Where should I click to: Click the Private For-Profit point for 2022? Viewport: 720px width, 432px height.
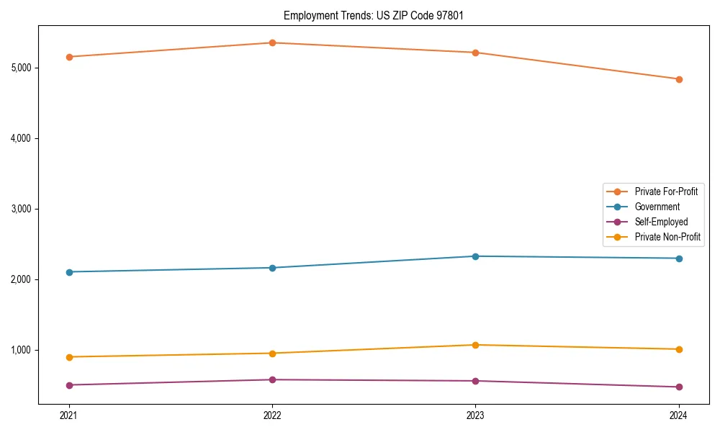pyautogui.click(x=272, y=42)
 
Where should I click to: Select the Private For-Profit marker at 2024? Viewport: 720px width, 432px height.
pyautogui.click(x=679, y=79)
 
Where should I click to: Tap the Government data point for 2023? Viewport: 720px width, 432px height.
pyautogui.click(x=475, y=256)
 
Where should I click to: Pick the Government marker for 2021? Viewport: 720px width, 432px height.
pyautogui.click(x=69, y=272)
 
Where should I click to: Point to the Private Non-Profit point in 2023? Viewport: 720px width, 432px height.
pyautogui.click(x=475, y=345)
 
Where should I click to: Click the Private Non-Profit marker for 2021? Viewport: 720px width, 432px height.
pyautogui.click(x=69, y=357)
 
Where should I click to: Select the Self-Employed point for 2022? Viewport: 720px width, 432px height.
pyautogui.click(x=272, y=379)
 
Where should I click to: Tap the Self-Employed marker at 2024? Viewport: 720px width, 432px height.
pyautogui.click(x=679, y=387)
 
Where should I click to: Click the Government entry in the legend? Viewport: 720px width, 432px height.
pyautogui.click(x=657, y=207)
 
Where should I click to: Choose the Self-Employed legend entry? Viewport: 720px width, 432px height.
pyautogui.click(x=661, y=222)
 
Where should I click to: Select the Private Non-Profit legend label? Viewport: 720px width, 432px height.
pyautogui.click(x=667, y=237)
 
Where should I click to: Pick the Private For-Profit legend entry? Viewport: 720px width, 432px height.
pyautogui.click(x=666, y=192)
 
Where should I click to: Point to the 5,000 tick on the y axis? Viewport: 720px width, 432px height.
pyautogui.click(x=21, y=68)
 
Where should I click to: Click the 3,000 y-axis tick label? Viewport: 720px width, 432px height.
pyautogui.click(x=21, y=209)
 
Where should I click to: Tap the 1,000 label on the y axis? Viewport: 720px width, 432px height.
pyautogui.click(x=21, y=350)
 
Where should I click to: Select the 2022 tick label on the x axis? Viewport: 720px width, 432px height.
pyautogui.click(x=272, y=415)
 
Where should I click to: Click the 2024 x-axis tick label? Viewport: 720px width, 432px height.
pyautogui.click(x=679, y=415)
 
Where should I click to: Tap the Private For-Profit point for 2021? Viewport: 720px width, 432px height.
pyautogui.click(x=69, y=57)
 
